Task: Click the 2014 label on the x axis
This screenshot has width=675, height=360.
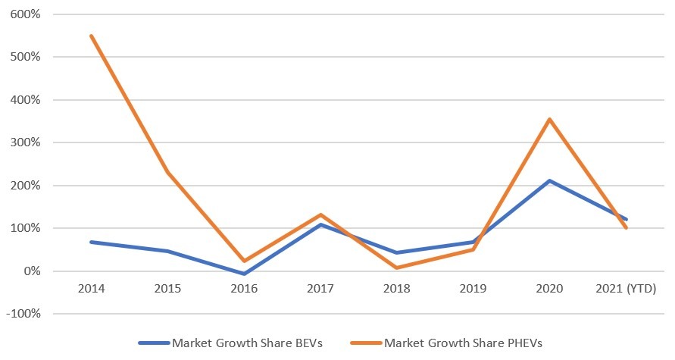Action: (x=91, y=290)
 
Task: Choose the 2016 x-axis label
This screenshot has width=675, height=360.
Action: (x=244, y=290)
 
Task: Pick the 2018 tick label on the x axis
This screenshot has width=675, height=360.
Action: (x=397, y=290)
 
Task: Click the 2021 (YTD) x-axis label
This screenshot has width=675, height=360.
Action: (x=627, y=290)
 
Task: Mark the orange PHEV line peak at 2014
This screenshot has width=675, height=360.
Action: (x=91, y=36)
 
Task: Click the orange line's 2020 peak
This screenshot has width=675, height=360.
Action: (x=550, y=119)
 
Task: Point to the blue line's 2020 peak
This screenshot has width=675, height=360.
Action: (x=550, y=180)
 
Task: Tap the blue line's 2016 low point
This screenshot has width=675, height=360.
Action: (x=244, y=274)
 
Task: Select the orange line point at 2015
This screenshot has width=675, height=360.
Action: (x=167, y=172)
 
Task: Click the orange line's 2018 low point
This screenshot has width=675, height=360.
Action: (x=397, y=268)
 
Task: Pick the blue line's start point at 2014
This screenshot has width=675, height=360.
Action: (x=91, y=242)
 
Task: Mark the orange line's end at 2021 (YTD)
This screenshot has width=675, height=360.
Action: (x=627, y=227)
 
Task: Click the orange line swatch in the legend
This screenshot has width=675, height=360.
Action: (x=363, y=343)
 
